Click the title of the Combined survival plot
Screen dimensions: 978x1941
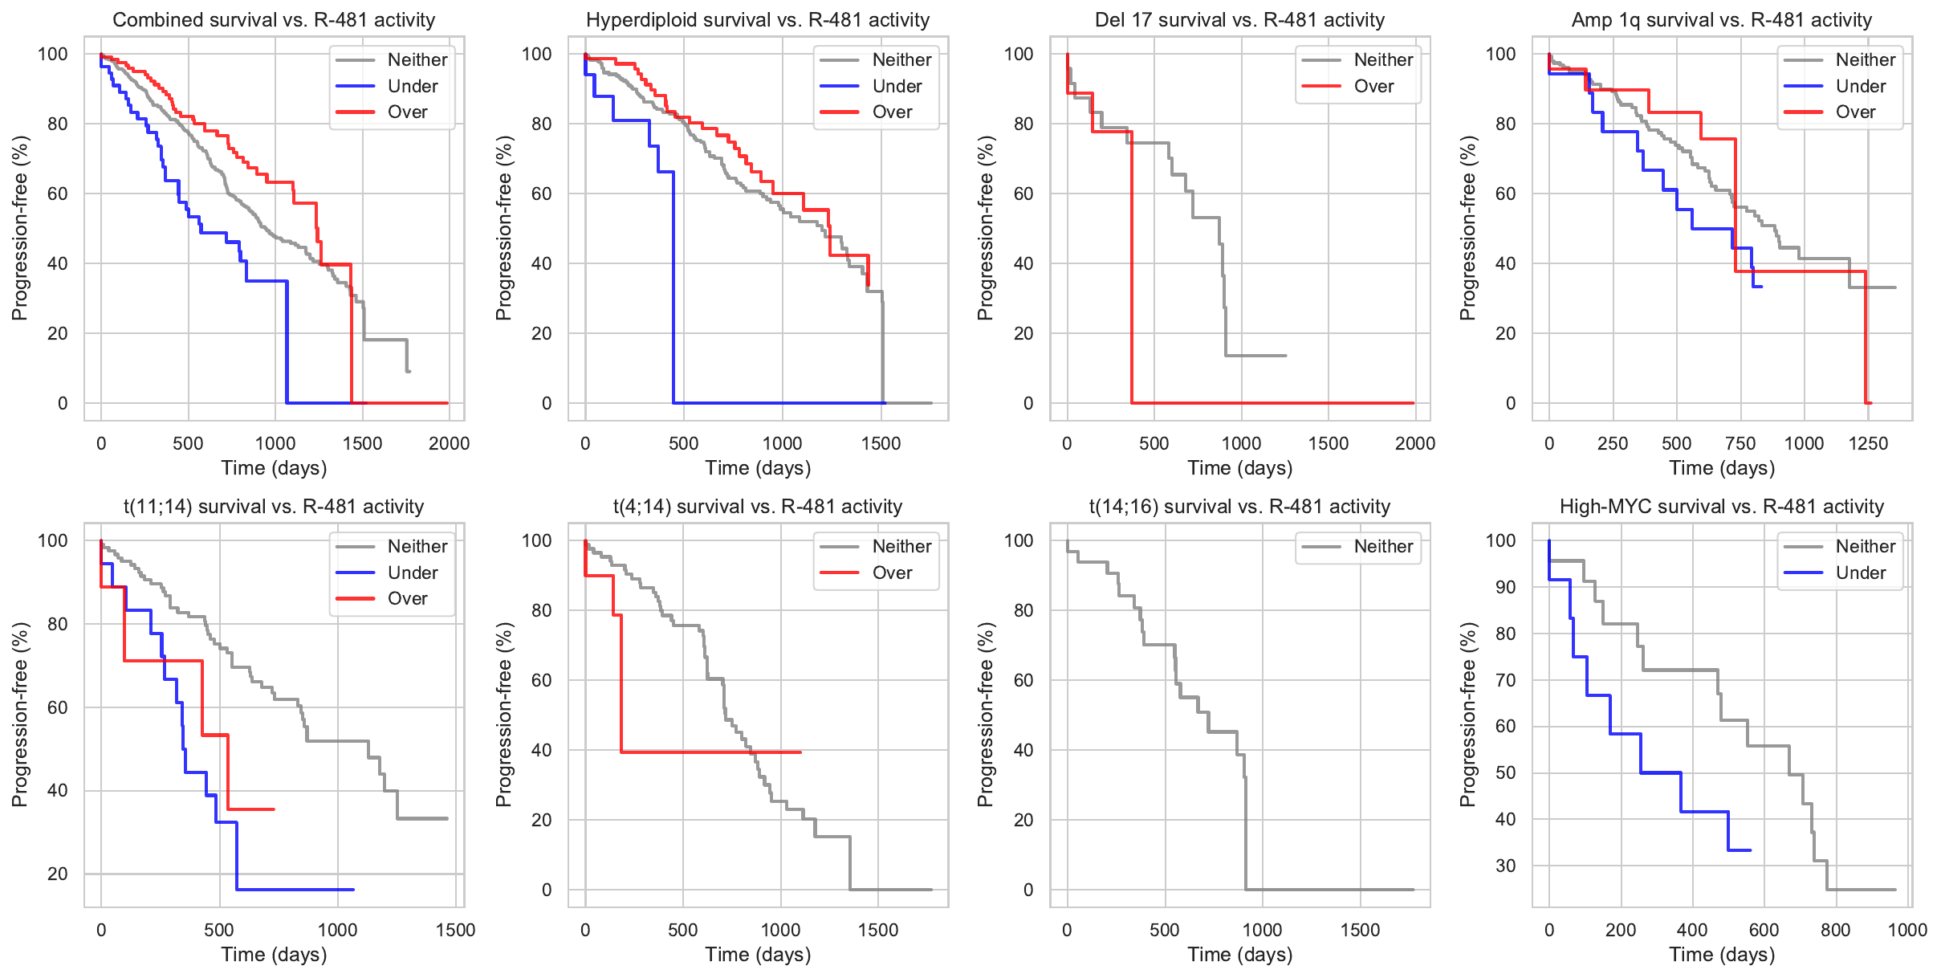tap(274, 20)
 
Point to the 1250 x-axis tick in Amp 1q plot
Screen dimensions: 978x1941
tap(1868, 443)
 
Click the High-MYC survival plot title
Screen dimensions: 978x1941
tap(1721, 507)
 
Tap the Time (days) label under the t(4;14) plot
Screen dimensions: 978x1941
tap(758, 955)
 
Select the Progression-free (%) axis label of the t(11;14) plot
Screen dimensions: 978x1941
tap(20, 715)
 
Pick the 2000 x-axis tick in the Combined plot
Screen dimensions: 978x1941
tap(449, 443)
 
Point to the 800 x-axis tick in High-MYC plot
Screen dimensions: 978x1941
tap(1836, 930)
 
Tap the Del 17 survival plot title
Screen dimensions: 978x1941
tap(1239, 20)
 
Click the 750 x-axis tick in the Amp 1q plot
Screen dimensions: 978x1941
tap(1740, 443)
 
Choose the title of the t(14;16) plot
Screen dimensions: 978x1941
tap(1239, 507)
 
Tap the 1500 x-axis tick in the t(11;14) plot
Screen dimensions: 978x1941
tap(456, 930)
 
